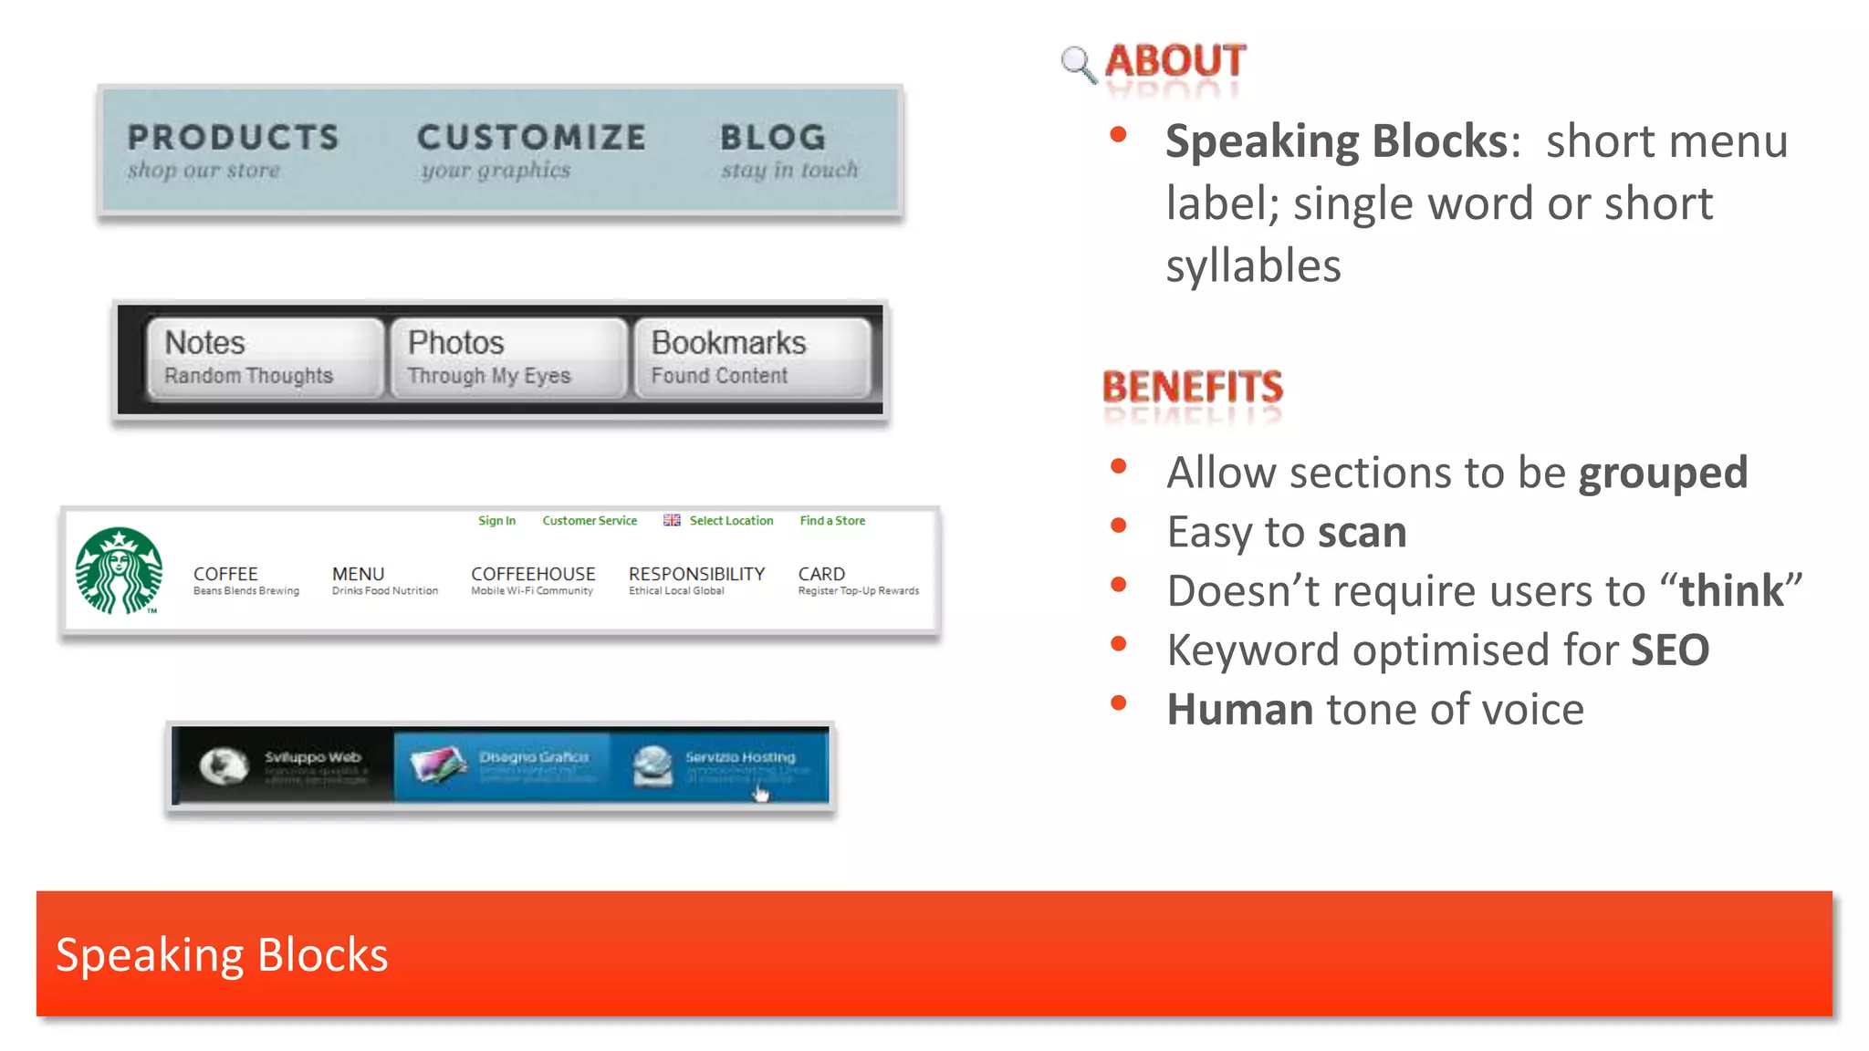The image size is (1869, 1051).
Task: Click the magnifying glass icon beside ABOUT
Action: coord(1078,64)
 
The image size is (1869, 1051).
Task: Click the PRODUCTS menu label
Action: coord(233,138)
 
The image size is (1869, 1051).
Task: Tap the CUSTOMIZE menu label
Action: coord(531,138)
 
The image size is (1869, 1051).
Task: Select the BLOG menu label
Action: coord(773,138)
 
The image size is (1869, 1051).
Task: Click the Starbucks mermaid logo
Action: coord(119,570)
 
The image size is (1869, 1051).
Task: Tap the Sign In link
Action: coord(496,521)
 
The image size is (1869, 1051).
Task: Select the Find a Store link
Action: coord(832,521)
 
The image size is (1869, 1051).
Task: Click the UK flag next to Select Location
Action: coord(672,520)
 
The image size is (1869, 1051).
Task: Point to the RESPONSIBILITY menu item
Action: coord(696,574)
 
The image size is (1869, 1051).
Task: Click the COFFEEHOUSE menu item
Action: coord(533,574)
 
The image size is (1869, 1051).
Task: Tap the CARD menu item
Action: coord(821,574)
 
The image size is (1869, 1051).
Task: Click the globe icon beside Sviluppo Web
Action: coord(224,765)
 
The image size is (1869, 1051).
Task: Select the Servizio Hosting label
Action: coord(740,757)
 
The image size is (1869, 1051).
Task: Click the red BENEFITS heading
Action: coord(1192,387)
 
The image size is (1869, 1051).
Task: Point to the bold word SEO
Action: coord(1669,650)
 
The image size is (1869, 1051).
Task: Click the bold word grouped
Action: coord(1663,473)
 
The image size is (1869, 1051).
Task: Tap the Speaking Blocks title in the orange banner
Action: coord(222,955)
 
